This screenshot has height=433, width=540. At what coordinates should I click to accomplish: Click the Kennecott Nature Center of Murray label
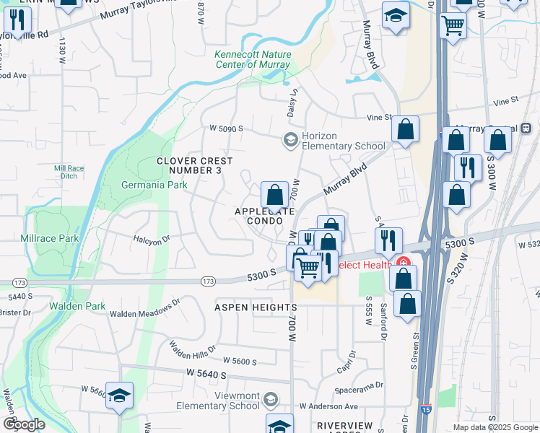pos(253,59)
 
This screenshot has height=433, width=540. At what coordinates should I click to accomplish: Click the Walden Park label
pos(77,306)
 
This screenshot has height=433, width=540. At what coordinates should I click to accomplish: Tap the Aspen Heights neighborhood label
pos(246,307)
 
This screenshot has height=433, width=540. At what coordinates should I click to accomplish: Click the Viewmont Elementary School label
pos(216,401)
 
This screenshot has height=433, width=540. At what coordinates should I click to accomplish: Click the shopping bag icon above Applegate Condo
pos(274,196)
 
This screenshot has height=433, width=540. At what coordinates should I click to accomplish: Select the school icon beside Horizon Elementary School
pos(291,139)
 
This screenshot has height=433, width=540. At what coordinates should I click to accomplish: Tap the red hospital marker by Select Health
pos(402,264)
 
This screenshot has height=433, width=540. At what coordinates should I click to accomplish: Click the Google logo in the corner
pos(24,424)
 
